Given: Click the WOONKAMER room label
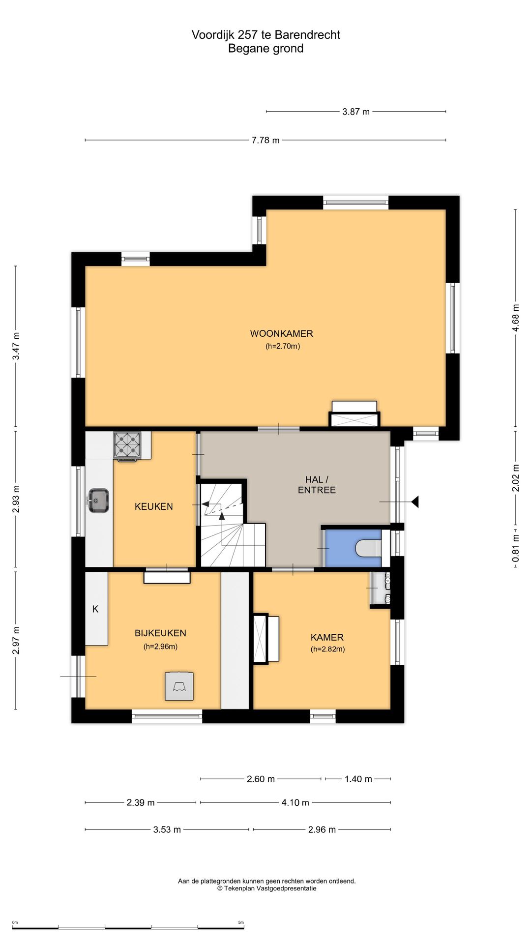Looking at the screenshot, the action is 281,333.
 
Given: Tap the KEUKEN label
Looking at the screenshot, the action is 153,506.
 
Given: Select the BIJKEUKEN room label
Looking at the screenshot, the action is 160,633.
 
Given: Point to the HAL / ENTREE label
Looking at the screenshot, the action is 317,485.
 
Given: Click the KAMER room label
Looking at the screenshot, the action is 327,637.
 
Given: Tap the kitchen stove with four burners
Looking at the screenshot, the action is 127,445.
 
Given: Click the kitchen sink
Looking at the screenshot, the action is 98,501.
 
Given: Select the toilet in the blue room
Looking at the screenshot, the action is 368,548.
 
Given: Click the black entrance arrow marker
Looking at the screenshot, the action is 415,502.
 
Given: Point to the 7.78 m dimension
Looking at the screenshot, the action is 265,140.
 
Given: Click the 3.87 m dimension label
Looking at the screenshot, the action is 356,112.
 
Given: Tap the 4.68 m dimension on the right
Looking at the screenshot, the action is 516,318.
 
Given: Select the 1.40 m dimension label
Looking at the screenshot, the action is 358,779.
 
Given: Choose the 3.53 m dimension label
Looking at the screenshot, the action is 167,829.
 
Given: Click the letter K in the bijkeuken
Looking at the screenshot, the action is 95,609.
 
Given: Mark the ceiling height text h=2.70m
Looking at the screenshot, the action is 283,346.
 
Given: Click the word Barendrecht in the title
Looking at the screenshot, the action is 307,35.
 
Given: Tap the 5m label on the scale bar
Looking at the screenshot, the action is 241,922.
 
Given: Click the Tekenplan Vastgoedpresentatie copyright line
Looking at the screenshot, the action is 267,888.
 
